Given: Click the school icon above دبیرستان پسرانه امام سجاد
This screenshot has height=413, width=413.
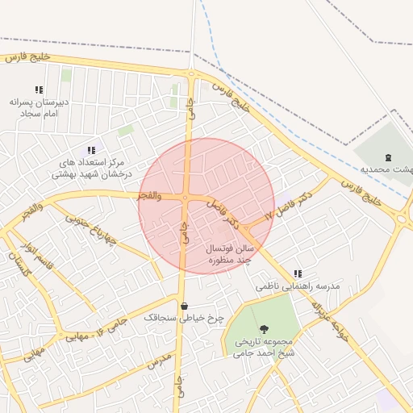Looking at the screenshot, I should click(38, 90).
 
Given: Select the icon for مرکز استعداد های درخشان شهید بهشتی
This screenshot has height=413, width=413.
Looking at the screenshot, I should click(90, 149).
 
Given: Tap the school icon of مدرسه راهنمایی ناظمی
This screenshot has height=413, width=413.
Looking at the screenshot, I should click(298, 273).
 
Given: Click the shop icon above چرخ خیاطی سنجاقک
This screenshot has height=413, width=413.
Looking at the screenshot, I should click(185, 307).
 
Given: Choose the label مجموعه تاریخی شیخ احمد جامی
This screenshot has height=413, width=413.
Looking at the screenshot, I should click(265, 347).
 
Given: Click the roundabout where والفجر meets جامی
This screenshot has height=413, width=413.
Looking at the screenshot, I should click(186, 198).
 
